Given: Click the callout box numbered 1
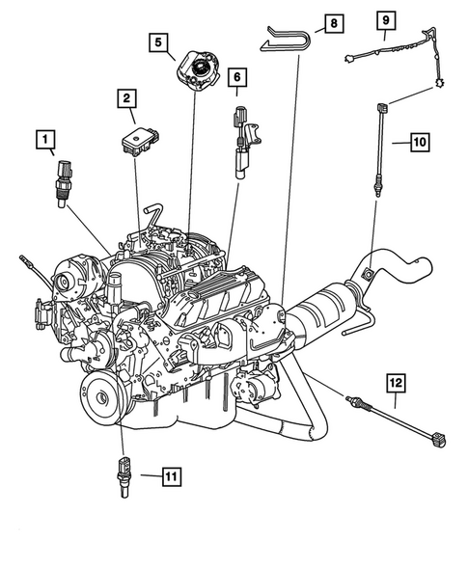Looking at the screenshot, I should [x=45, y=141].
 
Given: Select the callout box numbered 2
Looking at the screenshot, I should [x=126, y=97].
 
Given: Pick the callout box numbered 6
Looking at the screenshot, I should [x=236, y=73].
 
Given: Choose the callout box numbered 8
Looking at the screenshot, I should [x=332, y=22].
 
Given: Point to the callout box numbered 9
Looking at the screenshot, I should [x=384, y=19].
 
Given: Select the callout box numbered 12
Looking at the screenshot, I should [x=397, y=382].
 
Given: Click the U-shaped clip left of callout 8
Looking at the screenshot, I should [x=286, y=41].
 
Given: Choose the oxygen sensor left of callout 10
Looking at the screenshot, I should [x=383, y=145].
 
